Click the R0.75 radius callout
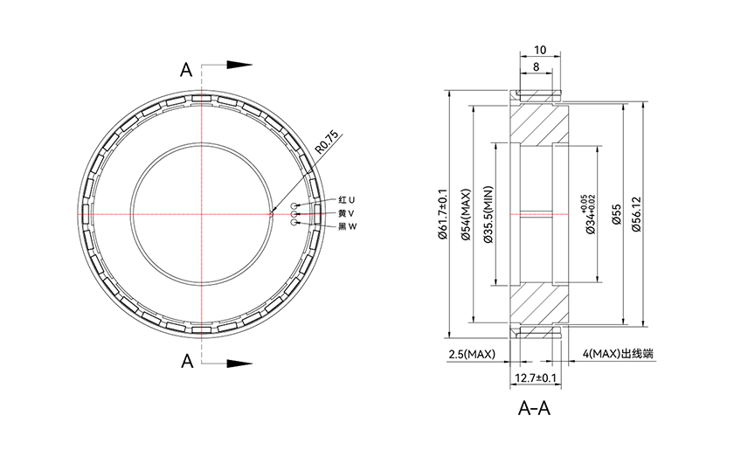point(326,142)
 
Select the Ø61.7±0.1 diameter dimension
point(443,214)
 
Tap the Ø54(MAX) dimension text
point(466,214)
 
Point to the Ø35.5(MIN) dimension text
point(488,214)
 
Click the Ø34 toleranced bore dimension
point(588,214)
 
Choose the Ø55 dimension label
point(616,214)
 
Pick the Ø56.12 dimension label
point(636,214)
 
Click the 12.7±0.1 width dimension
point(536,377)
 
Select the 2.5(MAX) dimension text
point(472,354)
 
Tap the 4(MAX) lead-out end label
point(618,354)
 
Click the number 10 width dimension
point(540,50)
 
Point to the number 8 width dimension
point(536,67)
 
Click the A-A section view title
point(534,408)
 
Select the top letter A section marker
point(186,70)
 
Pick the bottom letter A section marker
point(187,361)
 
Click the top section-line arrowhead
point(239,65)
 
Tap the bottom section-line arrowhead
point(239,363)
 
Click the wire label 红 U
point(346,200)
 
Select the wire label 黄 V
point(346,213)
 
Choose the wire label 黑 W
point(348,226)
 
